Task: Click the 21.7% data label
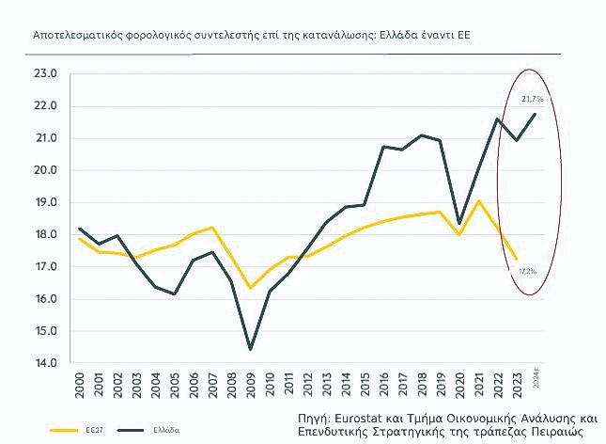tap(532, 98)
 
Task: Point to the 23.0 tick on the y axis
tap(46, 73)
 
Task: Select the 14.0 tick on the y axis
tap(46, 363)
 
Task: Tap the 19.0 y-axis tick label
tap(46, 202)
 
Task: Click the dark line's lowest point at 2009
tap(251, 349)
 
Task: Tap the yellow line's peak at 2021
tap(479, 200)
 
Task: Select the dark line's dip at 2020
tap(460, 224)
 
